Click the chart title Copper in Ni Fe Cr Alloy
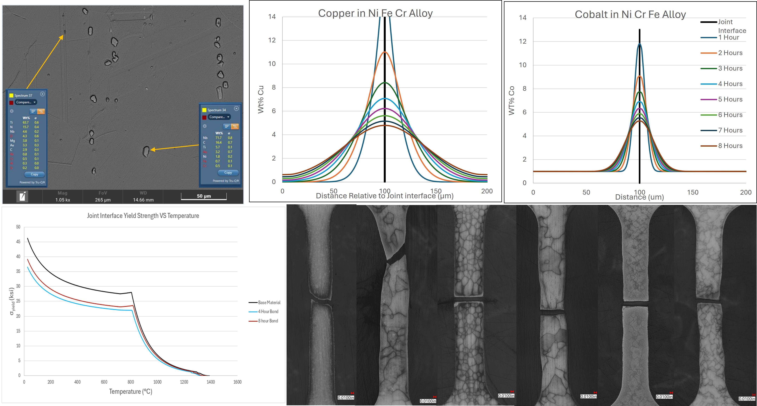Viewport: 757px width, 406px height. click(x=375, y=13)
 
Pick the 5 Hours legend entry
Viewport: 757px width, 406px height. click(x=730, y=99)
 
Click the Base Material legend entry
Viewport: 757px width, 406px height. click(x=269, y=302)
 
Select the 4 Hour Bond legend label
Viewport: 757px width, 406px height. click(x=268, y=311)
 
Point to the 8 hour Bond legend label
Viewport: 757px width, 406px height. click(x=268, y=321)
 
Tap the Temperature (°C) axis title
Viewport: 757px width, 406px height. click(x=131, y=391)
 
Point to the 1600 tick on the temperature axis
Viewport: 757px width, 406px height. click(x=237, y=382)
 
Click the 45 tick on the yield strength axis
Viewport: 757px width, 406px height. click(x=18, y=242)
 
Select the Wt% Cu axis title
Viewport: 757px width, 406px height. click(x=261, y=99)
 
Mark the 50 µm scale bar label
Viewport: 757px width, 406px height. click(x=204, y=196)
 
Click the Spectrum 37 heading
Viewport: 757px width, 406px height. click(x=23, y=95)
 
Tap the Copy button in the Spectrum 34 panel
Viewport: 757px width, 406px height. click(x=228, y=173)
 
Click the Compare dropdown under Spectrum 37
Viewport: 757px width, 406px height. click(x=26, y=102)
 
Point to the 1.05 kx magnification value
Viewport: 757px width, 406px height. click(x=63, y=200)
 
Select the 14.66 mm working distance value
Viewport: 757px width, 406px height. click(x=143, y=200)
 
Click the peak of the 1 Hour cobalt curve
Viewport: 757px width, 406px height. click(x=640, y=44)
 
